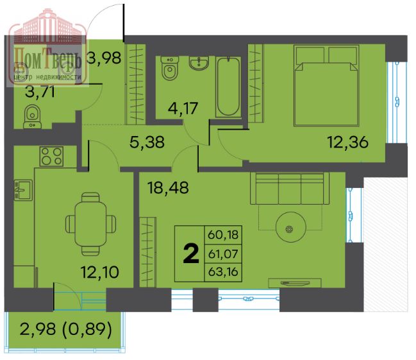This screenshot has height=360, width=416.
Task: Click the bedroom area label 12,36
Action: pyautogui.click(x=348, y=142)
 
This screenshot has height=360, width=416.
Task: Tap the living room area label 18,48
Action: pyautogui.click(x=168, y=187)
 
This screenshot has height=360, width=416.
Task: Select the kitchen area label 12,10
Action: pyautogui.click(x=99, y=272)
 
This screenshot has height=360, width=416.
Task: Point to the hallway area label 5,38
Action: pyautogui.click(x=147, y=142)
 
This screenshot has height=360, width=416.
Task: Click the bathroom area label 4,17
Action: pyautogui.click(x=183, y=108)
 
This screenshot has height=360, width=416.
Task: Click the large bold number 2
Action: pyautogui.click(x=191, y=253)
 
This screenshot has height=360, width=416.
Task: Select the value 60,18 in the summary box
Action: pyautogui.click(x=223, y=235)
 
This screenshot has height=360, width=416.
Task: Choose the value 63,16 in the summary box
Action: pyautogui.click(x=223, y=272)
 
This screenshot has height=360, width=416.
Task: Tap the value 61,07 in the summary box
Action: pyautogui.click(x=223, y=254)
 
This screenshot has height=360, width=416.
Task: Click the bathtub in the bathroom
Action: pyautogui.click(x=228, y=87)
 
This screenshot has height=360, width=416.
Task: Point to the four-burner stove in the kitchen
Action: pyautogui.click(x=51, y=156)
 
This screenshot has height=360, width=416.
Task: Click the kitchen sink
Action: pyautogui.click(x=23, y=190)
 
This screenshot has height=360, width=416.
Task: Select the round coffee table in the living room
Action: pyautogui.click(x=291, y=227)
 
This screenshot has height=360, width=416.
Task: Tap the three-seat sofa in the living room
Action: pyautogui.click(x=290, y=188)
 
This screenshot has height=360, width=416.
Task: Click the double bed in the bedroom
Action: pyautogui.click(x=326, y=85)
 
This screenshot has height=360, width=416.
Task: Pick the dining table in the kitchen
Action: pyautogui.click(x=90, y=224)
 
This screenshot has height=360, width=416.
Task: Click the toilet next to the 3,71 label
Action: pyautogui.click(x=32, y=117)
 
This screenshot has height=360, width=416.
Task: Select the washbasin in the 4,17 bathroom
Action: pyautogui.click(x=199, y=63)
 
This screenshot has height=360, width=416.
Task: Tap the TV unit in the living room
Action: pyautogui.click(x=295, y=283)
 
